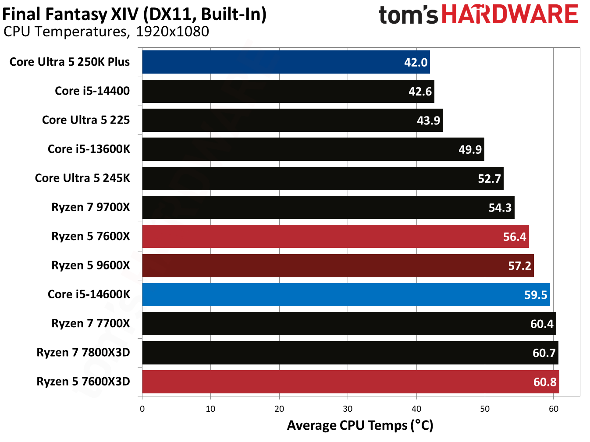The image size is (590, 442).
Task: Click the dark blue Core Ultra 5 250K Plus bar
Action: [286, 62]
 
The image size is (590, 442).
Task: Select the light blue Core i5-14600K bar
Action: [346, 294]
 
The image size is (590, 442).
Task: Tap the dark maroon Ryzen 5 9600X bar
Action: [338, 265]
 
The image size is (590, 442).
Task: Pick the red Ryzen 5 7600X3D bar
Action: [351, 382]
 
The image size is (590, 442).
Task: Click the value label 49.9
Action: [470, 150]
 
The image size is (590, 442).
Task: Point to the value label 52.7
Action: [489, 179]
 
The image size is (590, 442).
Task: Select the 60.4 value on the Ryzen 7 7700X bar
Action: [542, 324]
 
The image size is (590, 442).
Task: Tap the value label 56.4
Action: [514, 237]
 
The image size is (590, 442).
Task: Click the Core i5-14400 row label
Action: [92, 91]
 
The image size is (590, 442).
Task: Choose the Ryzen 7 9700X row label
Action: [91, 207]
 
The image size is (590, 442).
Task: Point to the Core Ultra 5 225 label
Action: [86, 120]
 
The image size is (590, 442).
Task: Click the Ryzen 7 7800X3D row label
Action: [83, 353]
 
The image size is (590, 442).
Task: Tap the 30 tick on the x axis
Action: [348, 409]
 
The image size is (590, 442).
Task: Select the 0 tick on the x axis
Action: [142, 409]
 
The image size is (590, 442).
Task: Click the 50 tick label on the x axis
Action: [485, 409]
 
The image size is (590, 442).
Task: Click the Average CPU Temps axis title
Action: [360, 425]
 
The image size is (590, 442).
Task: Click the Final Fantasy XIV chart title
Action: [134, 14]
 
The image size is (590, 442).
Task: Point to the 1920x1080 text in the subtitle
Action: [172, 32]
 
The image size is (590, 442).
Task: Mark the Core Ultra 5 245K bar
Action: [323, 178]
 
